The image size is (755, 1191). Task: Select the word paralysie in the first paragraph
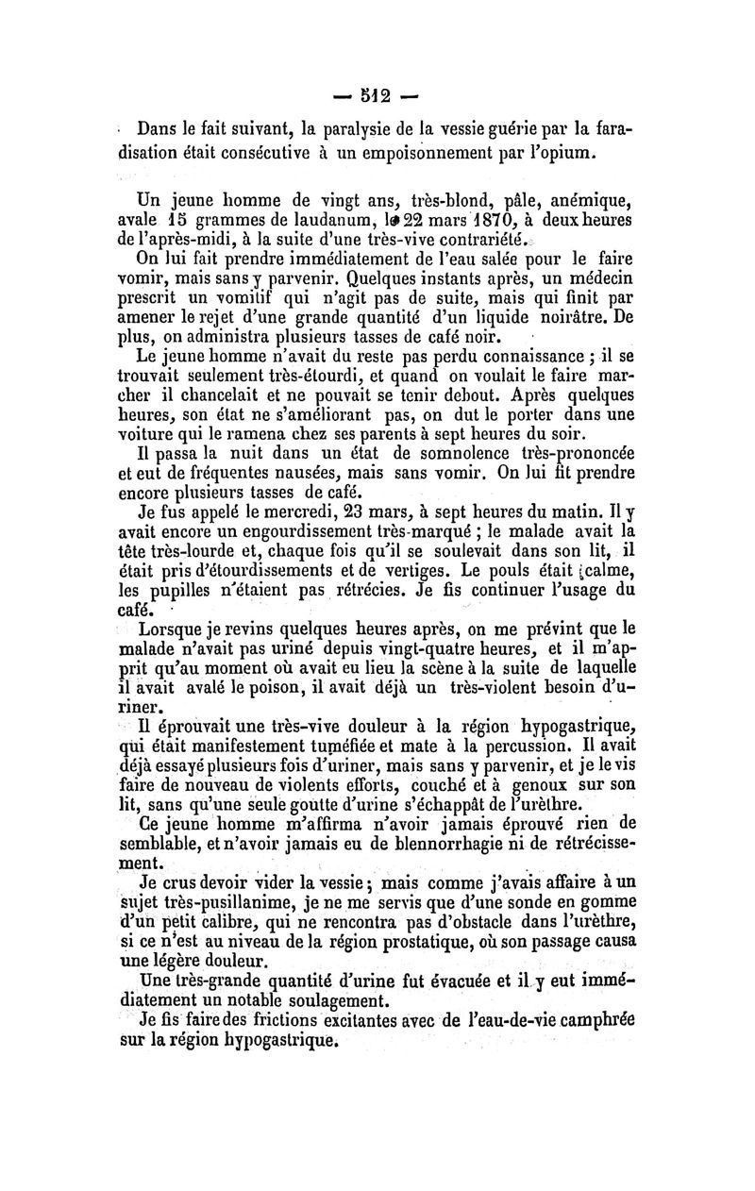pyautogui.click(x=342, y=127)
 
